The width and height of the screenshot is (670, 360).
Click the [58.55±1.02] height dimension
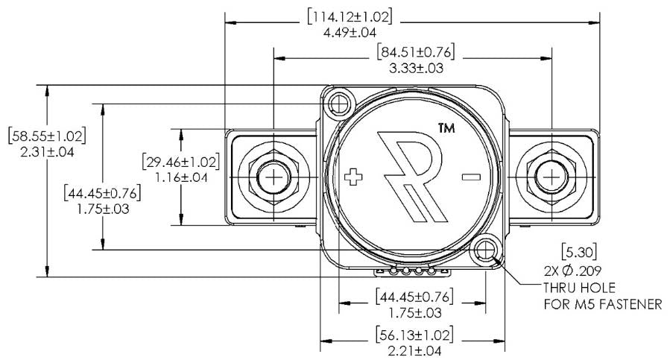[47, 136]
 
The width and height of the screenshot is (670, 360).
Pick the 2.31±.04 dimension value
[47, 152]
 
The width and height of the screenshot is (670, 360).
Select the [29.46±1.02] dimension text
[181, 162]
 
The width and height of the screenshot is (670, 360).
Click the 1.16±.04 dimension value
[181, 177]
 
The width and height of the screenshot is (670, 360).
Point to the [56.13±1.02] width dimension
[414, 334]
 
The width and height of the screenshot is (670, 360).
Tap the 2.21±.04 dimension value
[414, 350]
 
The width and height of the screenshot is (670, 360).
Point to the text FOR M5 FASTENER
[601, 304]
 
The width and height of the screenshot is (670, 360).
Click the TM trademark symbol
[446, 128]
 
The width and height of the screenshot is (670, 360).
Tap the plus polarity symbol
[355, 177]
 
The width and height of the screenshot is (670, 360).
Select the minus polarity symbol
[470, 177]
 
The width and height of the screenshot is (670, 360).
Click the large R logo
[409, 176]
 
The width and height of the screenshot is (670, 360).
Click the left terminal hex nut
[274, 177]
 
